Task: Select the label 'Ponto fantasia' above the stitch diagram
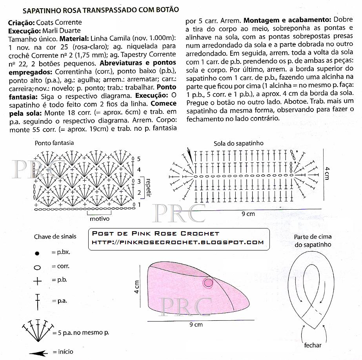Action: (x=54, y=143)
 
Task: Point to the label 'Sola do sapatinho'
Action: (x=238, y=143)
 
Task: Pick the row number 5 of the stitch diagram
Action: (x=138, y=159)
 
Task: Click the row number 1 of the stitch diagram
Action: (x=139, y=205)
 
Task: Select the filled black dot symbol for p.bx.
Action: (x=37, y=253)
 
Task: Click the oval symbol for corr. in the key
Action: (x=37, y=267)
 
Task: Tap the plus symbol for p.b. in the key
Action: (x=37, y=281)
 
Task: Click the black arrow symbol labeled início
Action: (x=38, y=353)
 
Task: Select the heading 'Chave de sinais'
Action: (x=55, y=236)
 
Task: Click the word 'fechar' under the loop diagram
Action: (x=313, y=345)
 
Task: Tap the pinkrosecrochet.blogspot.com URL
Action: (x=177, y=242)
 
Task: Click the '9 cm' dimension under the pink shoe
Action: (x=196, y=325)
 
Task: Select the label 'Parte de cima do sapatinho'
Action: (x=313, y=240)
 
